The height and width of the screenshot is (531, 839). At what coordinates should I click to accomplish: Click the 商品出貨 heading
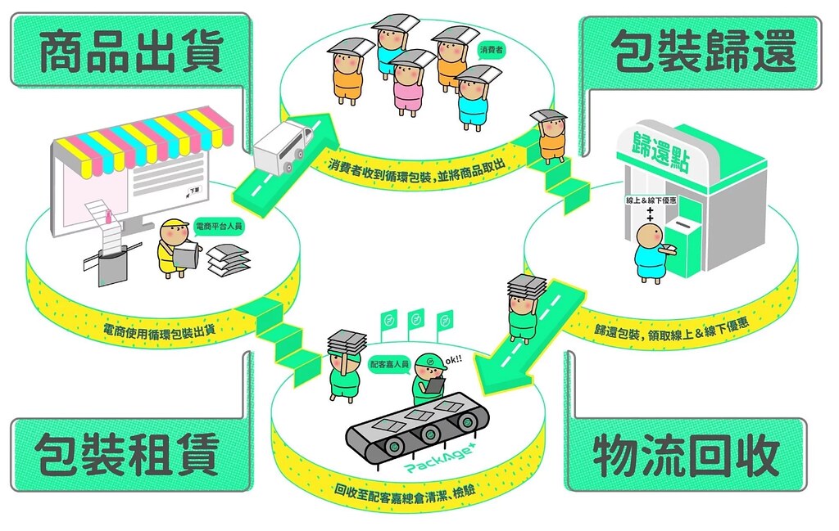click(131, 52)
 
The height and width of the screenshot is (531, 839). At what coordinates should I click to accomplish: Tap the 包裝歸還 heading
click(704, 52)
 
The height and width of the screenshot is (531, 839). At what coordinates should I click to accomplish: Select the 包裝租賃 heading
click(127, 455)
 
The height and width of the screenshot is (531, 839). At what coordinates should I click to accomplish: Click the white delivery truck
click(283, 146)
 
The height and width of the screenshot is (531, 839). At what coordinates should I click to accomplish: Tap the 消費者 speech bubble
click(491, 51)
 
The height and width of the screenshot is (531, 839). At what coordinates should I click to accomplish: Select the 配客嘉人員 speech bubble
click(389, 365)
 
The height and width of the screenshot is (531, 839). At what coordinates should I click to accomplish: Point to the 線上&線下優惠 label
click(651, 200)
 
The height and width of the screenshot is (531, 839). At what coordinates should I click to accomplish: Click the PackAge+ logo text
click(440, 461)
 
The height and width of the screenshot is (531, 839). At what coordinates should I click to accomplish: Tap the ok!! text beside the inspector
click(453, 359)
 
